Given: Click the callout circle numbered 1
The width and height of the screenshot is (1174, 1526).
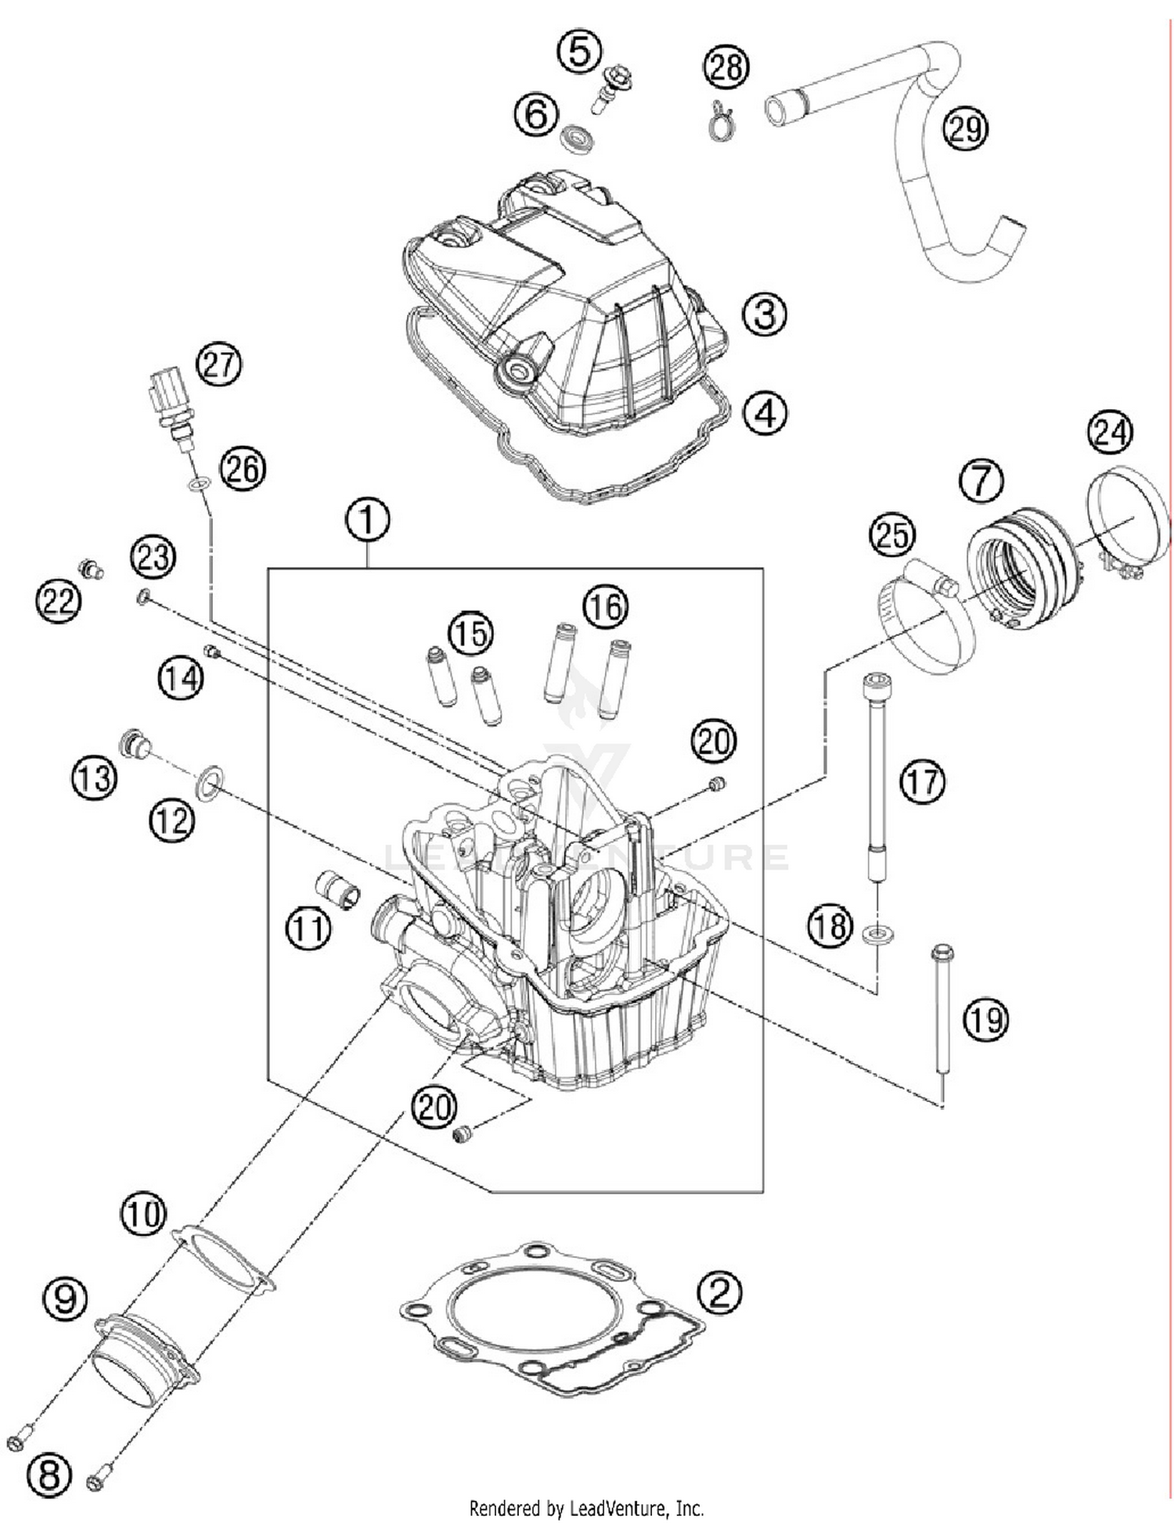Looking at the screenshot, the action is [x=367, y=519].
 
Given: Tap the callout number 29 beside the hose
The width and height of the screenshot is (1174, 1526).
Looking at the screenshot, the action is [x=965, y=128].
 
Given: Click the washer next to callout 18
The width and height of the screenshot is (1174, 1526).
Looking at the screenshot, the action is [x=877, y=934].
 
